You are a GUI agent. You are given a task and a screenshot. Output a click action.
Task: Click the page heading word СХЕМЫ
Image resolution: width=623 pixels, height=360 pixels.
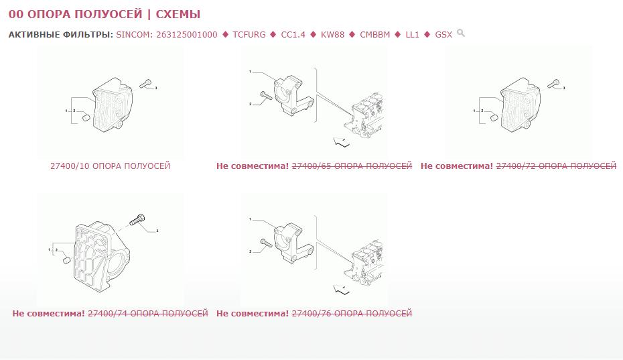pyautogui.click(x=178, y=14)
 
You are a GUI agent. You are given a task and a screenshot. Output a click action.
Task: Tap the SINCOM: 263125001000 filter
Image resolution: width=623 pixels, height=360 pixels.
pyautogui.click(x=167, y=35)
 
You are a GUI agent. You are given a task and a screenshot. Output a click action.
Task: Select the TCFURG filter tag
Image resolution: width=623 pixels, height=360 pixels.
pyautogui.click(x=249, y=35)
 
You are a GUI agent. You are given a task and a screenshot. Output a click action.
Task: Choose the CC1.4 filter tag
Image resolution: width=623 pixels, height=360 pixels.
pyautogui.click(x=293, y=35)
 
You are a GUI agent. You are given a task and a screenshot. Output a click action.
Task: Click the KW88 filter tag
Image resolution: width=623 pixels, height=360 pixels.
pyautogui.click(x=332, y=35)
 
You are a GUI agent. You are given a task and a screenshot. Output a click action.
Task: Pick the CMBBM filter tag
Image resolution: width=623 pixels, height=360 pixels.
pyautogui.click(x=375, y=35)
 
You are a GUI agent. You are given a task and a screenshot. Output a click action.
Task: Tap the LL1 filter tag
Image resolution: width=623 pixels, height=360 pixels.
pyautogui.click(x=413, y=35)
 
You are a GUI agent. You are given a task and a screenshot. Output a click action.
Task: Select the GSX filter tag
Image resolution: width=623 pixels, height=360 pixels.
pyautogui.click(x=443, y=35)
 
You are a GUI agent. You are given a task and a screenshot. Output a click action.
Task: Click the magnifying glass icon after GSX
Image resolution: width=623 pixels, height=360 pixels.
pyautogui.click(x=461, y=33)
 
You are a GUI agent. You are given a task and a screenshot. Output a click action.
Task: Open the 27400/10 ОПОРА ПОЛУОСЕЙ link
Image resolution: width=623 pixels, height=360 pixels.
pyautogui.click(x=110, y=166)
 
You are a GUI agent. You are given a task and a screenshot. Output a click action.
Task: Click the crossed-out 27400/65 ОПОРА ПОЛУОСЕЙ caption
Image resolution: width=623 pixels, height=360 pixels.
pyautogui.click(x=352, y=166)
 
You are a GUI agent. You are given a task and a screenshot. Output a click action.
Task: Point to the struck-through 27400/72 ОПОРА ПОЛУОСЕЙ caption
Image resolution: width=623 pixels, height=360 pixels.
pyautogui.click(x=556, y=166)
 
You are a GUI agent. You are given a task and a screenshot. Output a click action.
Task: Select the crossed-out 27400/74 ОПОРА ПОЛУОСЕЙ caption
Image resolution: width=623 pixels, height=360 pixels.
pyautogui.click(x=148, y=314)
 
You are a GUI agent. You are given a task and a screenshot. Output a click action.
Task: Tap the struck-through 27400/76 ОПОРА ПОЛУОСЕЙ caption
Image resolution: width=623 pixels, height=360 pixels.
pyautogui.click(x=352, y=314)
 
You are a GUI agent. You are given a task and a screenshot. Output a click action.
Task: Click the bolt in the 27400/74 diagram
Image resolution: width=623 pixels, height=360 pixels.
pyautogui.click(x=137, y=220)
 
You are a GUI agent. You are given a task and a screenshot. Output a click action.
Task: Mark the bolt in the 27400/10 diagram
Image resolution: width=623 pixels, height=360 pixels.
pyautogui.click(x=145, y=84)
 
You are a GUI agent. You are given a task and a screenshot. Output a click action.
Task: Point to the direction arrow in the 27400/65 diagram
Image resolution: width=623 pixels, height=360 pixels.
pyautogui.click(x=341, y=141)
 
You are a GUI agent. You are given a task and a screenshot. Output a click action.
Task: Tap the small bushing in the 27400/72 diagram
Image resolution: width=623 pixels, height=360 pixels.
pyautogui.click(x=494, y=117)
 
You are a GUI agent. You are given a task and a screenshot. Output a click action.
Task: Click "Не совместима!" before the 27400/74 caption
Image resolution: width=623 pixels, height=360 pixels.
pyautogui.click(x=48, y=314)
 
